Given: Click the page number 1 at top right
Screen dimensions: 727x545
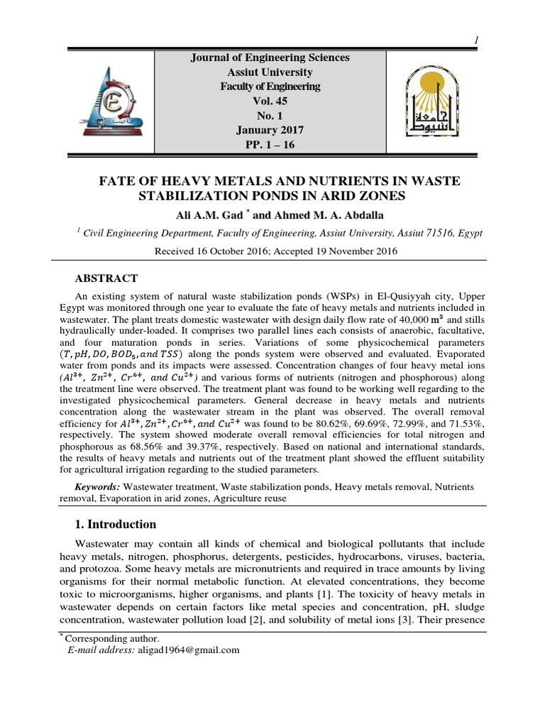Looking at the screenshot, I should click(477, 40).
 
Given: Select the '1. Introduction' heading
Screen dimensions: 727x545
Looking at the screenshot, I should click(116, 525).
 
